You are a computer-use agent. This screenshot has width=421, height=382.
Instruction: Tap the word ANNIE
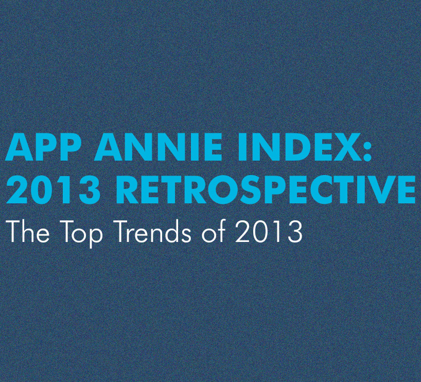click(158, 147)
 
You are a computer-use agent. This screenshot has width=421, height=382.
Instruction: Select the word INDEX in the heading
click(293, 147)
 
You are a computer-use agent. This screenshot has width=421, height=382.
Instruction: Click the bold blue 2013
click(53, 189)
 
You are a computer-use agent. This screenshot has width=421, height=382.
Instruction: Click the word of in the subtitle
click(214, 232)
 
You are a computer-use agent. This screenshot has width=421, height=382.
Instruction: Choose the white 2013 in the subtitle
click(269, 232)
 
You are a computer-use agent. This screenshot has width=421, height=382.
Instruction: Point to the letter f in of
click(221, 232)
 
